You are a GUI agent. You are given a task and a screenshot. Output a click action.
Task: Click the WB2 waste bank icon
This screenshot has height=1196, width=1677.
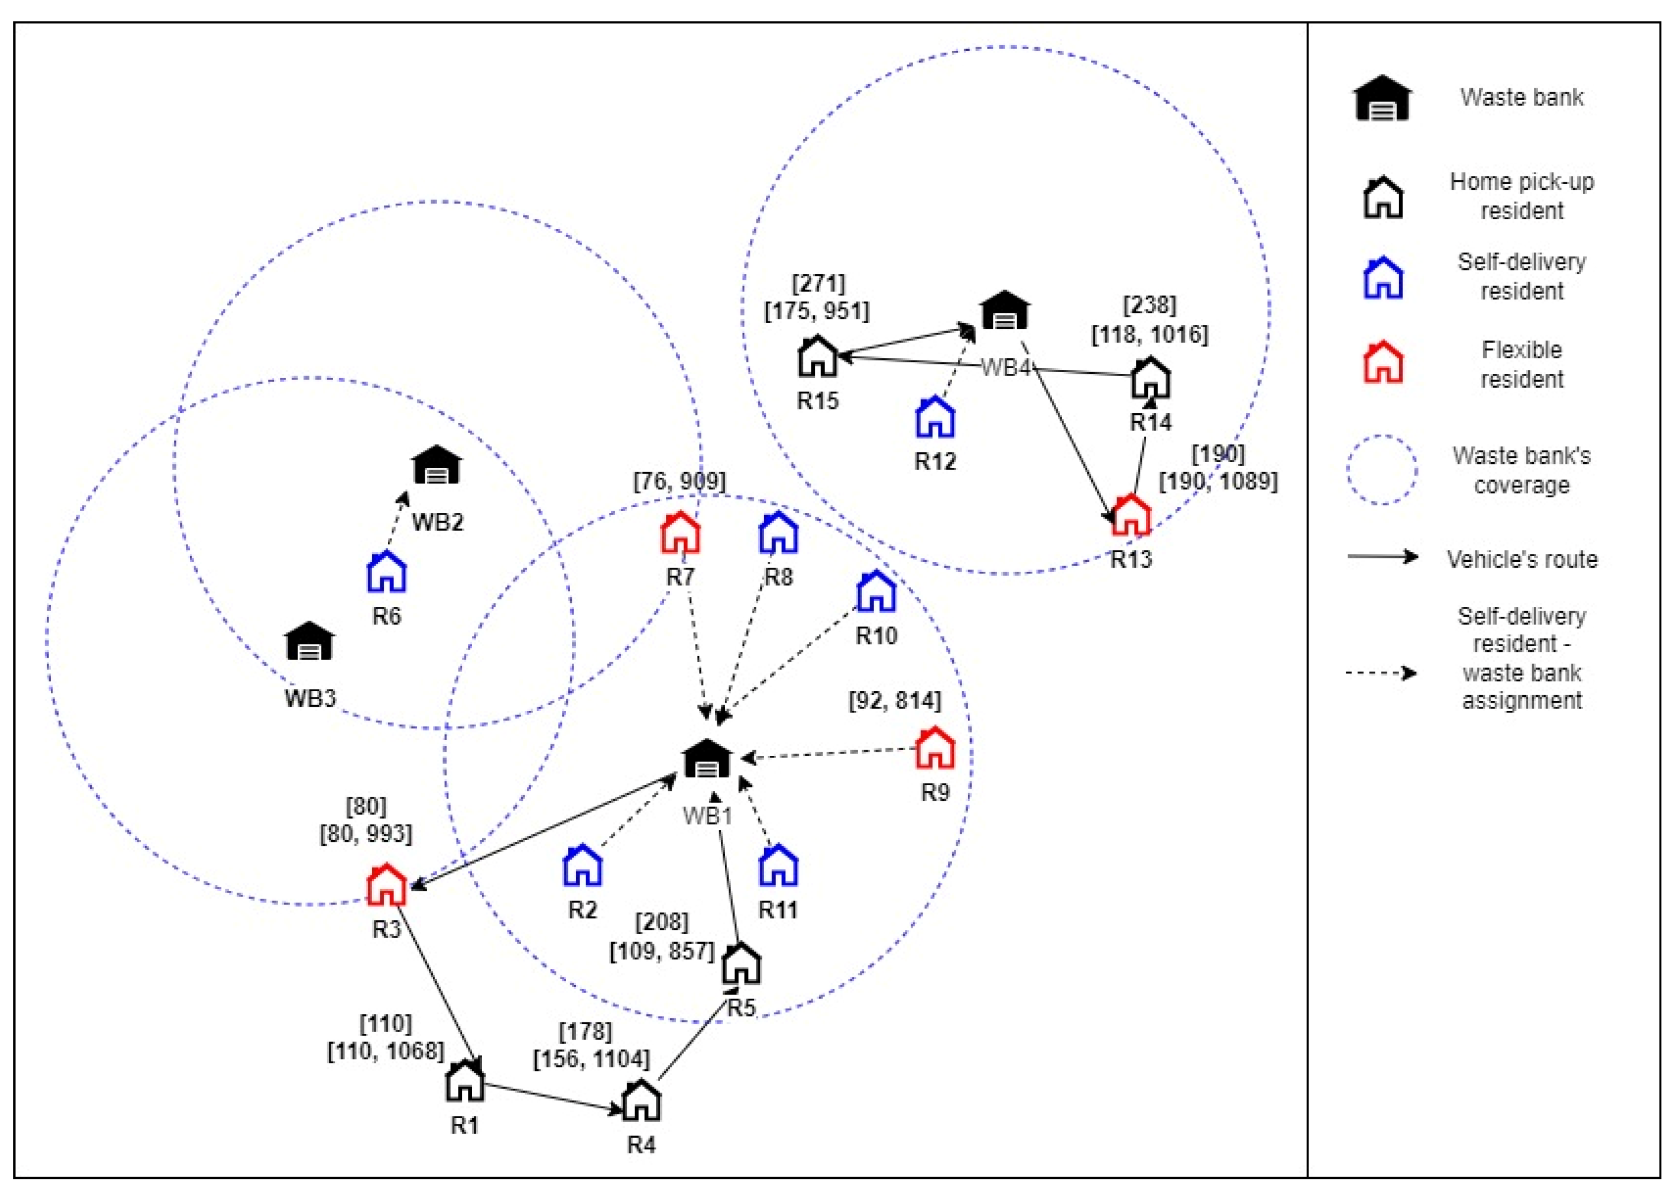pyautogui.click(x=437, y=466)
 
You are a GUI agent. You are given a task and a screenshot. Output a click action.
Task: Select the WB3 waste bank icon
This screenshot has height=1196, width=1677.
pyautogui.click(x=309, y=642)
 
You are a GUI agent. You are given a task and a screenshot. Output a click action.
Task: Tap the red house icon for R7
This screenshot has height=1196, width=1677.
pyautogui.click(x=680, y=533)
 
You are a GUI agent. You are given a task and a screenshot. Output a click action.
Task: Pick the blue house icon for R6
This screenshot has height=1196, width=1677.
pyautogui.click(x=387, y=572)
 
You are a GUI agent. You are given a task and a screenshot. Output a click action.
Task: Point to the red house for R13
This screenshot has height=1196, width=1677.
pyautogui.click(x=1131, y=516)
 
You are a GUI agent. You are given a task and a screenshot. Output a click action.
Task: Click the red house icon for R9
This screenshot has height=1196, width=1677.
pyautogui.click(x=935, y=748)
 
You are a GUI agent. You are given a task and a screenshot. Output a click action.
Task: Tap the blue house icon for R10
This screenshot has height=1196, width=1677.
pyautogui.click(x=875, y=591)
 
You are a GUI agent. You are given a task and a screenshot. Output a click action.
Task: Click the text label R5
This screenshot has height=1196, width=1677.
pyautogui.click(x=741, y=1008)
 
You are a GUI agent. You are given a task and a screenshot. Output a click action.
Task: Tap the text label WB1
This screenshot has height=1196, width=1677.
pyautogui.click(x=707, y=816)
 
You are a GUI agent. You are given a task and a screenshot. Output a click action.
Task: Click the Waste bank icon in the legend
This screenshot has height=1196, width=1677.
pyautogui.click(x=1382, y=99)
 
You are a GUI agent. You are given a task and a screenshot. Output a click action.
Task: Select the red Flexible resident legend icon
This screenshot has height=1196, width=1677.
pyautogui.click(x=1383, y=362)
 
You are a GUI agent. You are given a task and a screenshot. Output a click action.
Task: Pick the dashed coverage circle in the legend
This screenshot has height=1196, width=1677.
pyautogui.click(x=1382, y=470)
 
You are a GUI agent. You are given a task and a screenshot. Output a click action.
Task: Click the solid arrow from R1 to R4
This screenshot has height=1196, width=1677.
pyautogui.click(x=552, y=1097)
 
